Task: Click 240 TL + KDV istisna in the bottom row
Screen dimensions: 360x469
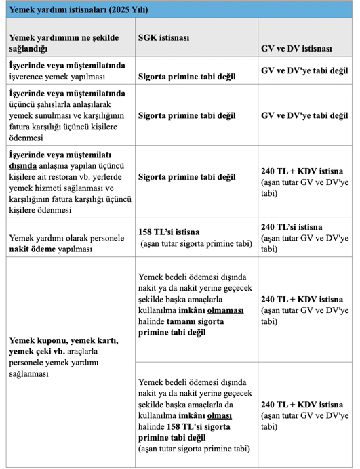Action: [x=301, y=403]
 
